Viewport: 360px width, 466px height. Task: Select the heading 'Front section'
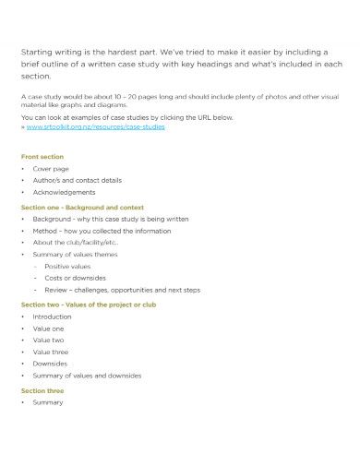[x=42, y=157]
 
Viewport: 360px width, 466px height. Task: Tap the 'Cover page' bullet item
[x=50, y=169]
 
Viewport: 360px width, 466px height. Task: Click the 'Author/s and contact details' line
[x=77, y=181]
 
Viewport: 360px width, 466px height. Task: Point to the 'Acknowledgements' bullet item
[x=64, y=193]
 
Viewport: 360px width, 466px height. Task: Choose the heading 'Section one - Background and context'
[x=81, y=208]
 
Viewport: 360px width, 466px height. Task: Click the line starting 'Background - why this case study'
[x=110, y=220]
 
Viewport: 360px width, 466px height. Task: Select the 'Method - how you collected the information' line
[x=102, y=231]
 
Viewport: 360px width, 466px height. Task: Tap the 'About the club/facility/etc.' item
[x=77, y=243]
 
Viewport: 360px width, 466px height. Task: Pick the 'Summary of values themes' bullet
[x=75, y=254]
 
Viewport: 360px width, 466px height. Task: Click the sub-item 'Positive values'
[x=68, y=266]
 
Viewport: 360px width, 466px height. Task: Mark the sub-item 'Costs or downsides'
[x=75, y=278]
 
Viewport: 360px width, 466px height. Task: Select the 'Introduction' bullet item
[x=52, y=317]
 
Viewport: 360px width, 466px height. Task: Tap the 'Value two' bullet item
[x=49, y=340]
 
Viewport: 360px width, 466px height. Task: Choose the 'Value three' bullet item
[x=51, y=352]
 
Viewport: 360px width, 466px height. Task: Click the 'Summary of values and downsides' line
[x=87, y=376]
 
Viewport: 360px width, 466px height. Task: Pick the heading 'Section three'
[x=42, y=390]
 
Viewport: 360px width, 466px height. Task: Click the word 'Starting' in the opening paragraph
[x=38, y=52]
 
